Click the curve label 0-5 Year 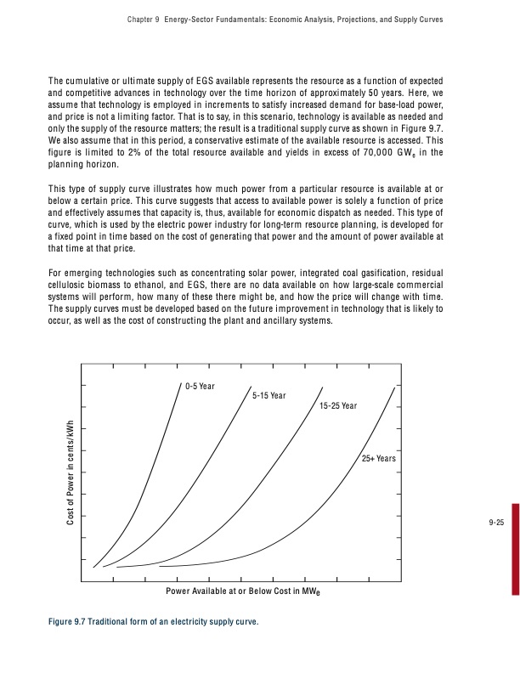coord(200,387)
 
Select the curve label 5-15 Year coord(269,396)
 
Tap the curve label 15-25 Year coord(338,406)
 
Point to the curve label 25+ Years coord(378,459)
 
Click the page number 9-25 coord(496,522)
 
